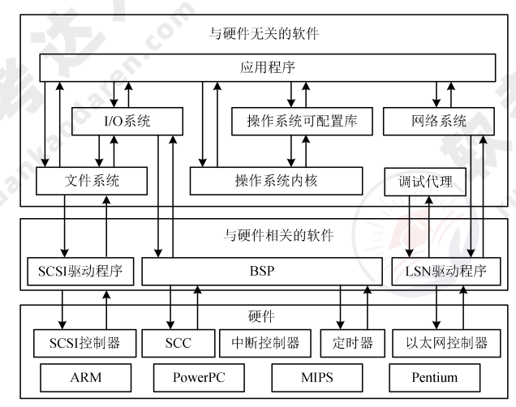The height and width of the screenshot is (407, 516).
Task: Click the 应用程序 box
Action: pyautogui.click(x=268, y=67)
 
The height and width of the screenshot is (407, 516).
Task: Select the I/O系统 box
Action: pyautogui.click(x=123, y=122)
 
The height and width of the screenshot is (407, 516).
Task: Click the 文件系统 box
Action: pyautogui.click(x=92, y=181)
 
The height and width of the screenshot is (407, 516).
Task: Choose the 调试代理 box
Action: pyautogui.click(x=424, y=182)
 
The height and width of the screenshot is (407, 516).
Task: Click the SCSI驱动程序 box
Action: pyautogui.click(x=75, y=271)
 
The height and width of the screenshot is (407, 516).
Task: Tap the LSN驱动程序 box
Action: pyautogui.click(x=445, y=271)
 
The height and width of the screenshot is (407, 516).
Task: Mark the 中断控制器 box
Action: pyautogui.click(x=265, y=343)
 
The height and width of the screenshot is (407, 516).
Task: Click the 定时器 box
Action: pyautogui.click(x=351, y=343)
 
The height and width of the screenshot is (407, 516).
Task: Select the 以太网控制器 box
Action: pyautogui.click(x=445, y=343)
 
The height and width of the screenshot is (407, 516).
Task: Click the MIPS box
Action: pyautogui.click(x=312, y=377)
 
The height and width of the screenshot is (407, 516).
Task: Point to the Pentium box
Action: pyautogui.click(x=433, y=377)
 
